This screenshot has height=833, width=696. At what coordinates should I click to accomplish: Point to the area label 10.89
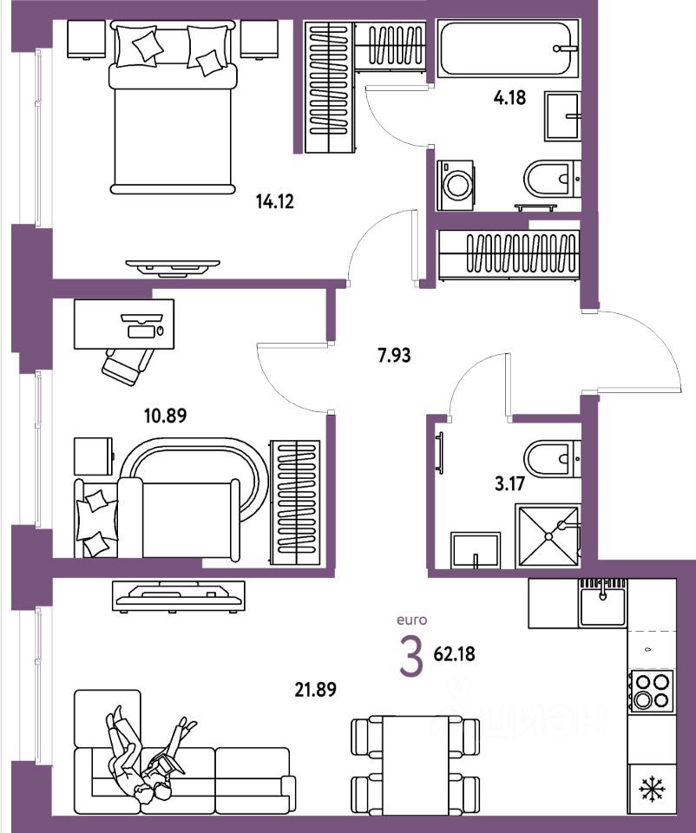click(x=166, y=415)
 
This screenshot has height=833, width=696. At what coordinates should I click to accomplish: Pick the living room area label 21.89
click(x=315, y=689)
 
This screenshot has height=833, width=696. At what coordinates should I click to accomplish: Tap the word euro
click(x=411, y=620)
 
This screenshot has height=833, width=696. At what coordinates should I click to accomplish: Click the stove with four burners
click(x=652, y=690)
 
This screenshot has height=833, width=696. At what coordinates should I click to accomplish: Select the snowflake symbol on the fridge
click(x=651, y=789)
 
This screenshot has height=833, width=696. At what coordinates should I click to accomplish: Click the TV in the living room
click(x=179, y=595)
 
